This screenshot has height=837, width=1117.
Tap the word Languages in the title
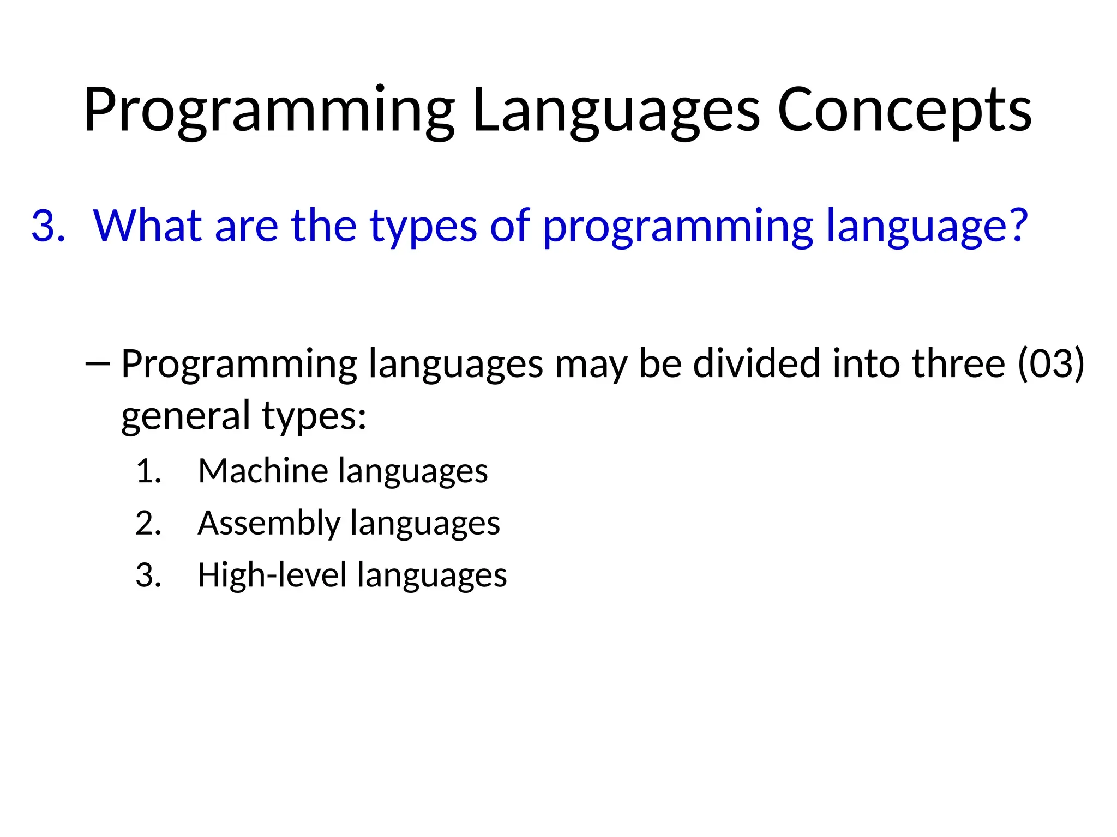[616, 111]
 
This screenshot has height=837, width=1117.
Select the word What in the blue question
[147, 226]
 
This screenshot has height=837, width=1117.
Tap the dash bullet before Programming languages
[98, 364]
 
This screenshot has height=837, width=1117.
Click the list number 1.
[148, 471]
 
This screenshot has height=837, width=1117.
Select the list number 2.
[148, 524]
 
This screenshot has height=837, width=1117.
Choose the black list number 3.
[148, 575]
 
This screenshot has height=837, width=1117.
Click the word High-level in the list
[272, 575]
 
